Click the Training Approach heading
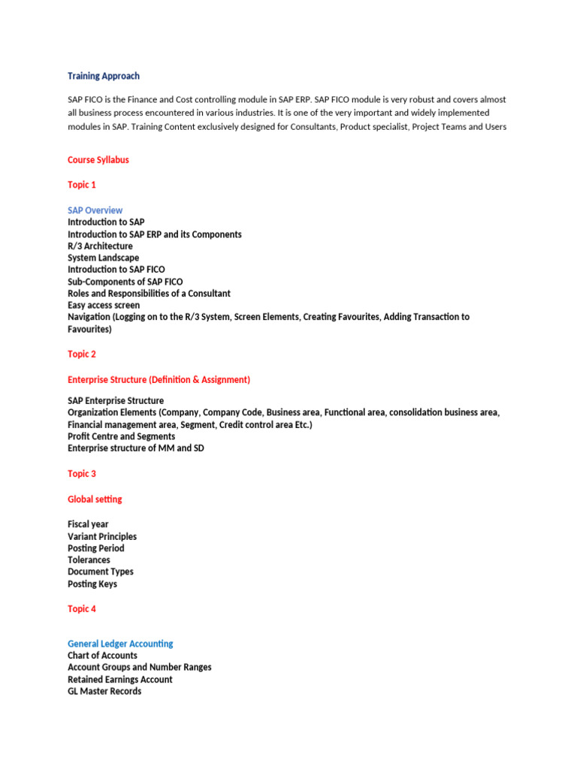[104, 76]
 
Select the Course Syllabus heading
[98, 160]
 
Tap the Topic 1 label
[82, 185]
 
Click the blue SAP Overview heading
[95, 210]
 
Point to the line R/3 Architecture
[100, 246]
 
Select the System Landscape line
[103, 258]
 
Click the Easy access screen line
[104, 306]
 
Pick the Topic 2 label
[82, 354]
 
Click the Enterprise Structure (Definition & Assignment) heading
[159, 380]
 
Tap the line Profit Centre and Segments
[121, 436]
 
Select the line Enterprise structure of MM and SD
[135, 448]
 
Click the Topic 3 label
[82, 474]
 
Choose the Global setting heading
[95, 499]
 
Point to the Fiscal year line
[89, 524]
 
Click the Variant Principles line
[102, 536]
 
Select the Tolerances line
[89, 560]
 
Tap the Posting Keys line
[92, 584]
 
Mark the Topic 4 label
[82, 609]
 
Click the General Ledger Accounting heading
[120, 644]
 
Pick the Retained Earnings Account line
[119, 680]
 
